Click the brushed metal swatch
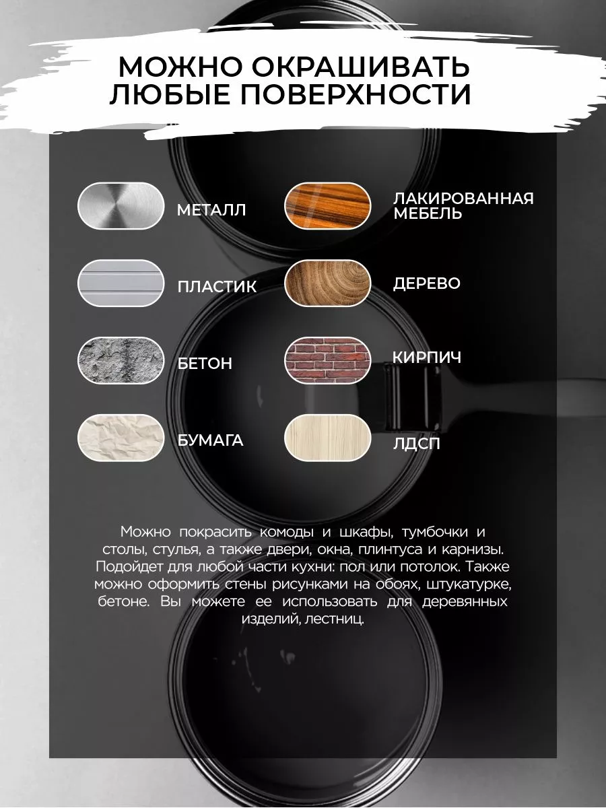click(121, 206)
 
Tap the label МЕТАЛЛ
click(211, 210)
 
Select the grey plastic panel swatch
click(121, 283)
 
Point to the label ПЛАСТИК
click(217, 287)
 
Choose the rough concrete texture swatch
click(121, 360)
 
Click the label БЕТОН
click(205, 364)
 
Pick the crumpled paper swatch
click(121, 438)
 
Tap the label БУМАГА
click(211, 440)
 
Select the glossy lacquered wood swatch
click(328, 206)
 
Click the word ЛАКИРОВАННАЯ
click(463, 199)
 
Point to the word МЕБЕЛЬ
click(428, 213)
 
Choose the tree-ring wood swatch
click(328, 283)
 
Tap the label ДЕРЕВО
click(427, 283)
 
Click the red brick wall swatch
click(328, 360)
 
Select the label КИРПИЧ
click(427, 358)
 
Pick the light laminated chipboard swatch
click(328, 438)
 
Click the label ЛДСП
click(417, 444)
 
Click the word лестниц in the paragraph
click(335, 619)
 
